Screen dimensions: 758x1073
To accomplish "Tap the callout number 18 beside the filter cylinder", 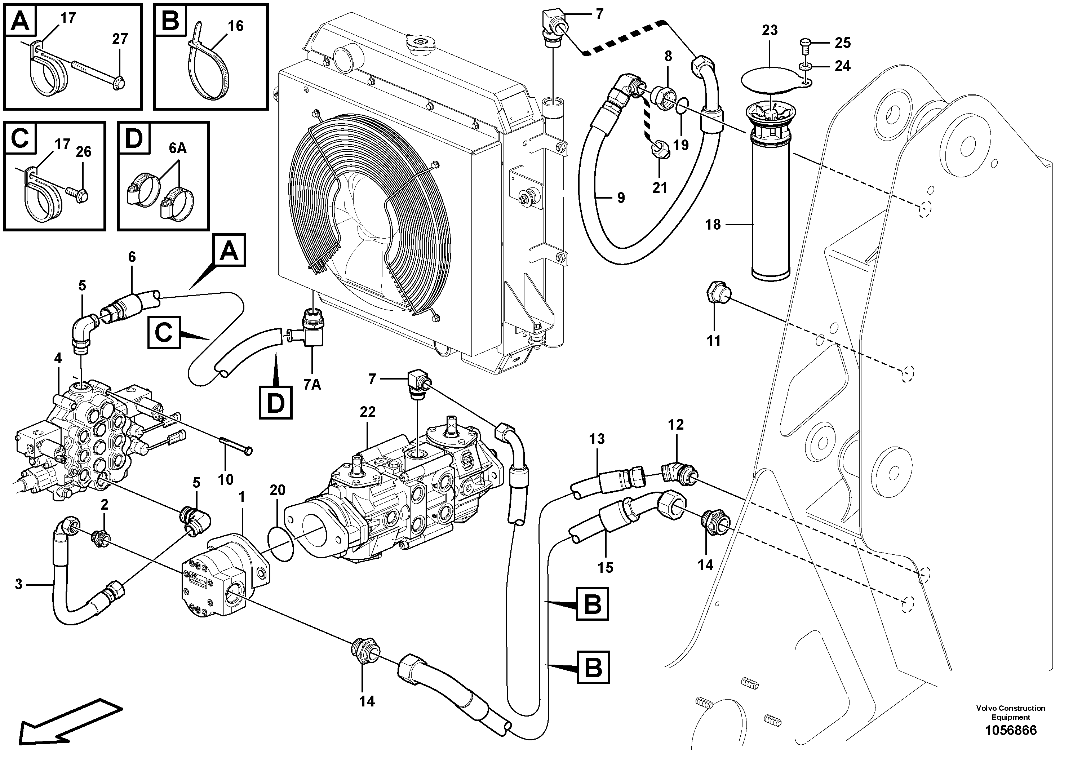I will [x=713, y=225].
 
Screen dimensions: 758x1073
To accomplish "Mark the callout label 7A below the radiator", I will [x=312, y=384].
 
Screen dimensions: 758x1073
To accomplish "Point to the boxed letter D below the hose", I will [x=275, y=402].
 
